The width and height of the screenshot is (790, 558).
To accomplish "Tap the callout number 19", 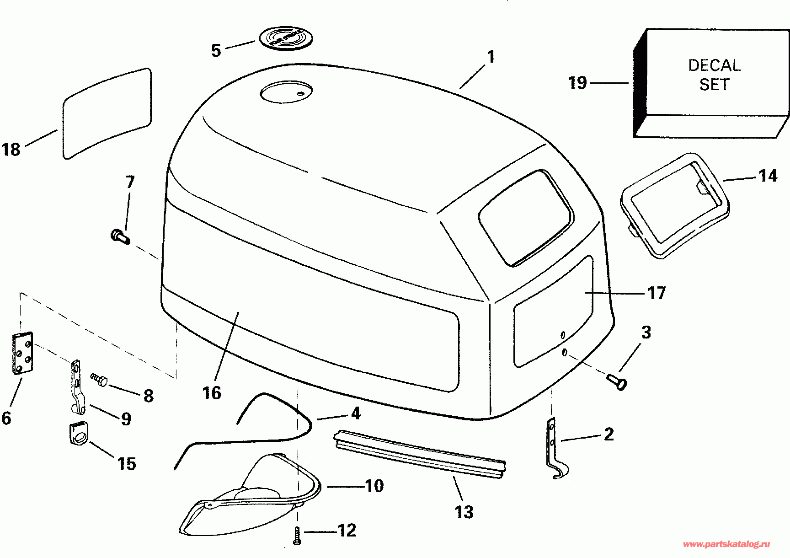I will [577, 83].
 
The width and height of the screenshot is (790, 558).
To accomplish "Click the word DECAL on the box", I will [714, 65].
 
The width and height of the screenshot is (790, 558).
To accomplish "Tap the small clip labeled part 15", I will [78, 433].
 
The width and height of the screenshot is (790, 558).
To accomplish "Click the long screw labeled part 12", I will [298, 536].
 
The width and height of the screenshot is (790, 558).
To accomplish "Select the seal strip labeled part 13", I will [420, 454].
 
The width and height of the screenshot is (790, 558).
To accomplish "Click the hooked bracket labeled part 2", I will [555, 450].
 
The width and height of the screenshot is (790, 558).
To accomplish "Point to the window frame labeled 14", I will [675, 206].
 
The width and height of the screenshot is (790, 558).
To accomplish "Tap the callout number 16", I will [212, 392].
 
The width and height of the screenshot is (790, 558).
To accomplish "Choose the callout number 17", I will [657, 293].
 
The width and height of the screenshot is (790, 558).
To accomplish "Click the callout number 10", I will [374, 486].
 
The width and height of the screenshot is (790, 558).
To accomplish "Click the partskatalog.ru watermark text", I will [726, 544].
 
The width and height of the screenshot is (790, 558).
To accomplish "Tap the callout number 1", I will [491, 57].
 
